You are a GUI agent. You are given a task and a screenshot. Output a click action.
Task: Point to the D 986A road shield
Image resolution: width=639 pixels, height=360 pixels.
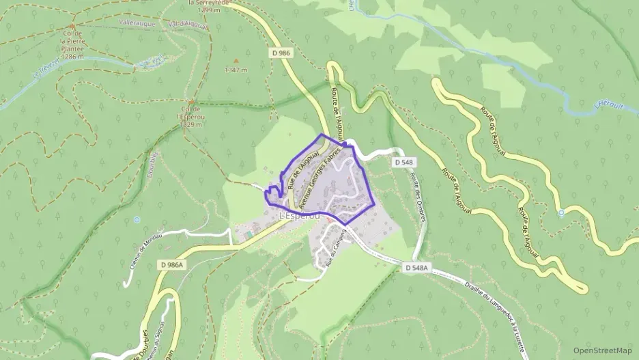tap(171, 264)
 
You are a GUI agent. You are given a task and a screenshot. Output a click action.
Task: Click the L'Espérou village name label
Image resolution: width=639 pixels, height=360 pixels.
tap(305, 216)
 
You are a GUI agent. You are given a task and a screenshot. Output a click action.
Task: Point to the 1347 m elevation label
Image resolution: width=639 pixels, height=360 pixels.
tap(236, 69)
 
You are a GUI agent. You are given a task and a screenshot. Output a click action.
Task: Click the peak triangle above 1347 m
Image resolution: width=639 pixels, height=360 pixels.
tap(236, 60)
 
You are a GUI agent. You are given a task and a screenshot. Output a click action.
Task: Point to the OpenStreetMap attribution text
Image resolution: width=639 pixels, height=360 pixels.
tap(603, 351)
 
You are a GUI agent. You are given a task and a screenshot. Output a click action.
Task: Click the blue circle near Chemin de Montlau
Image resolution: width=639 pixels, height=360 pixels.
tap(137, 219)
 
